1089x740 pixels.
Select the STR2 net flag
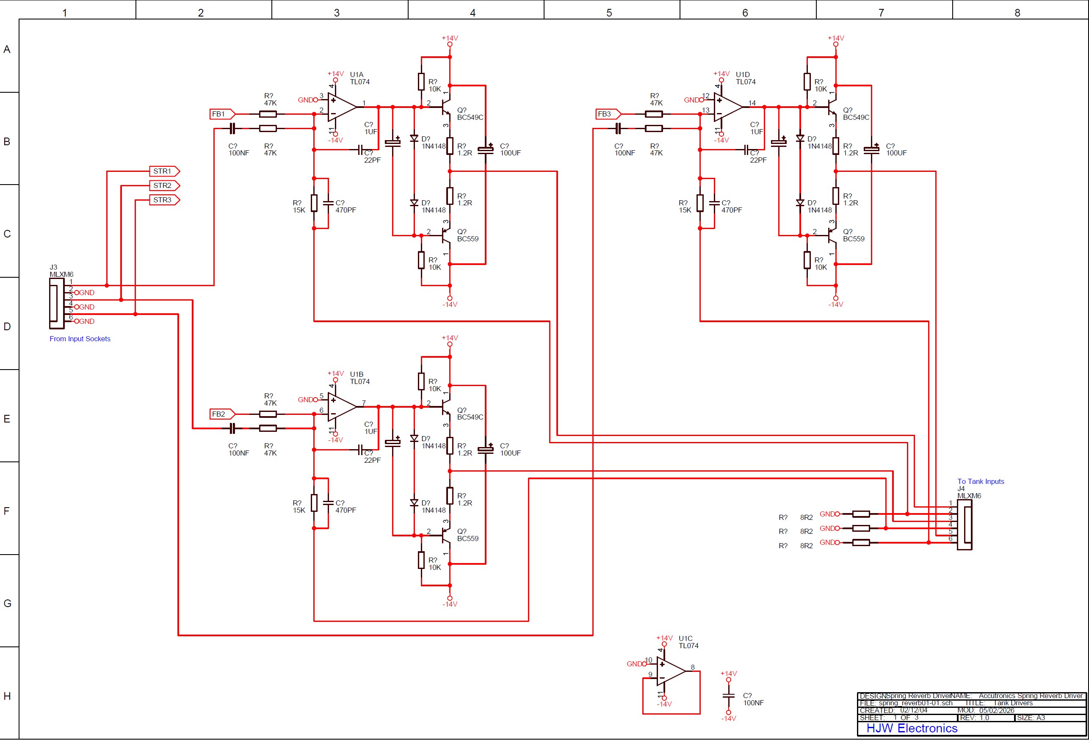tap(164, 185)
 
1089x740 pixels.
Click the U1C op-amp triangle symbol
tap(670, 671)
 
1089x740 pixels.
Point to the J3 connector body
tap(56, 304)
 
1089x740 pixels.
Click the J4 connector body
tap(965, 525)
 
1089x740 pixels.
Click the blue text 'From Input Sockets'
tap(80, 339)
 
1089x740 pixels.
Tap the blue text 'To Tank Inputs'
tap(980, 481)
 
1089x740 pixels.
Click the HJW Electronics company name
tap(912, 728)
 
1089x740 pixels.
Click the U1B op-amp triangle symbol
tap(341, 407)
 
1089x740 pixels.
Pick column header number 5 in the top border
tap(609, 13)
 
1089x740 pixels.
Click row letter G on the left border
tap(7, 604)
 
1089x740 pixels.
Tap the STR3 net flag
tap(164, 200)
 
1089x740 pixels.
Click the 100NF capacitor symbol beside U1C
tap(729, 696)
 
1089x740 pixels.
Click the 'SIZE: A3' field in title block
tap(1031, 718)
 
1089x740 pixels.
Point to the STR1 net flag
tap(164, 171)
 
